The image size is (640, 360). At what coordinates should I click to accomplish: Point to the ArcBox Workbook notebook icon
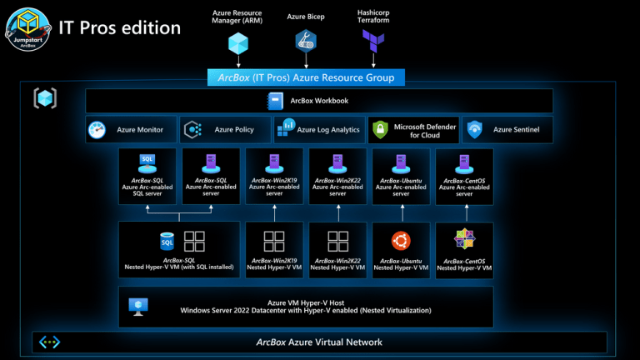click(276, 101)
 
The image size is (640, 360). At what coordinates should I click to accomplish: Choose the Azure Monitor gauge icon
click(97, 130)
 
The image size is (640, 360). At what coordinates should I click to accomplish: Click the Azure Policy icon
click(193, 130)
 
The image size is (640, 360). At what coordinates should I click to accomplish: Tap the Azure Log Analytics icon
click(287, 128)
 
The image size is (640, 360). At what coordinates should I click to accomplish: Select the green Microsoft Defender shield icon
click(380, 130)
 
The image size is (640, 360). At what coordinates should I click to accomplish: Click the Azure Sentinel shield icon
click(474, 130)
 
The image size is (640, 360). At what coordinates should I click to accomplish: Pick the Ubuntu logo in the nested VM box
click(401, 241)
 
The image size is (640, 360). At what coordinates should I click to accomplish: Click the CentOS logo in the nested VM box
click(464, 240)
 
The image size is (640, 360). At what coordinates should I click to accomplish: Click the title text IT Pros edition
click(119, 27)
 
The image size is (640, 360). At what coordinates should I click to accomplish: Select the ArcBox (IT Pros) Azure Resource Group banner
click(307, 77)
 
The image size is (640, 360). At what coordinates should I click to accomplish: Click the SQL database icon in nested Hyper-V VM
click(167, 241)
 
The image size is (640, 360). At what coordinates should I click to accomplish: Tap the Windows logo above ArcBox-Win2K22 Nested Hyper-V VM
click(337, 242)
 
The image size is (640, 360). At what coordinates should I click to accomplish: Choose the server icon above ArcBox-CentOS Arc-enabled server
click(464, 162)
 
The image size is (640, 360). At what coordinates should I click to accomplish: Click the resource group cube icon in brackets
click(45, 98)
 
